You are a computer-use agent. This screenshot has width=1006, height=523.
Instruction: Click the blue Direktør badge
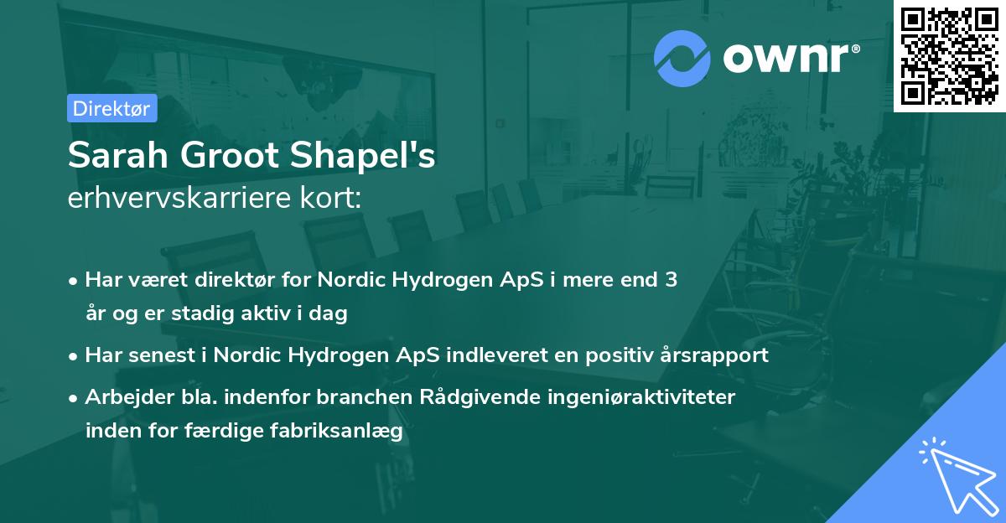coord(111,108)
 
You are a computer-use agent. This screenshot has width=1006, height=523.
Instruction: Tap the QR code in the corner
coord(948,55)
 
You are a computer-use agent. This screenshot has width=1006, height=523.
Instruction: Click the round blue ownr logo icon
coord(683,59)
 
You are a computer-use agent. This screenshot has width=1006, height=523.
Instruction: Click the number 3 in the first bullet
coord(671,280)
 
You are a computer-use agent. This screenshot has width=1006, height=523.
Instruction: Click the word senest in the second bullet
coord(158,355)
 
